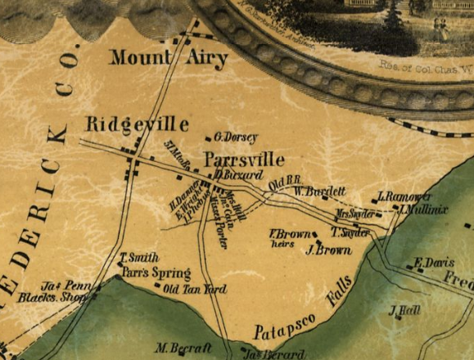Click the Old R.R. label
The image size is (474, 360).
pyautogui.click(x=287, y=181)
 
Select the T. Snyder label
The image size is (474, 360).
pyautogui.click(x=350, y=232)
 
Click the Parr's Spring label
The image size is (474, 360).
pyautogui.click(x=156, y=273)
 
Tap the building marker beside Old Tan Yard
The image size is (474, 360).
pyautogui.click(x=157, y=286)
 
